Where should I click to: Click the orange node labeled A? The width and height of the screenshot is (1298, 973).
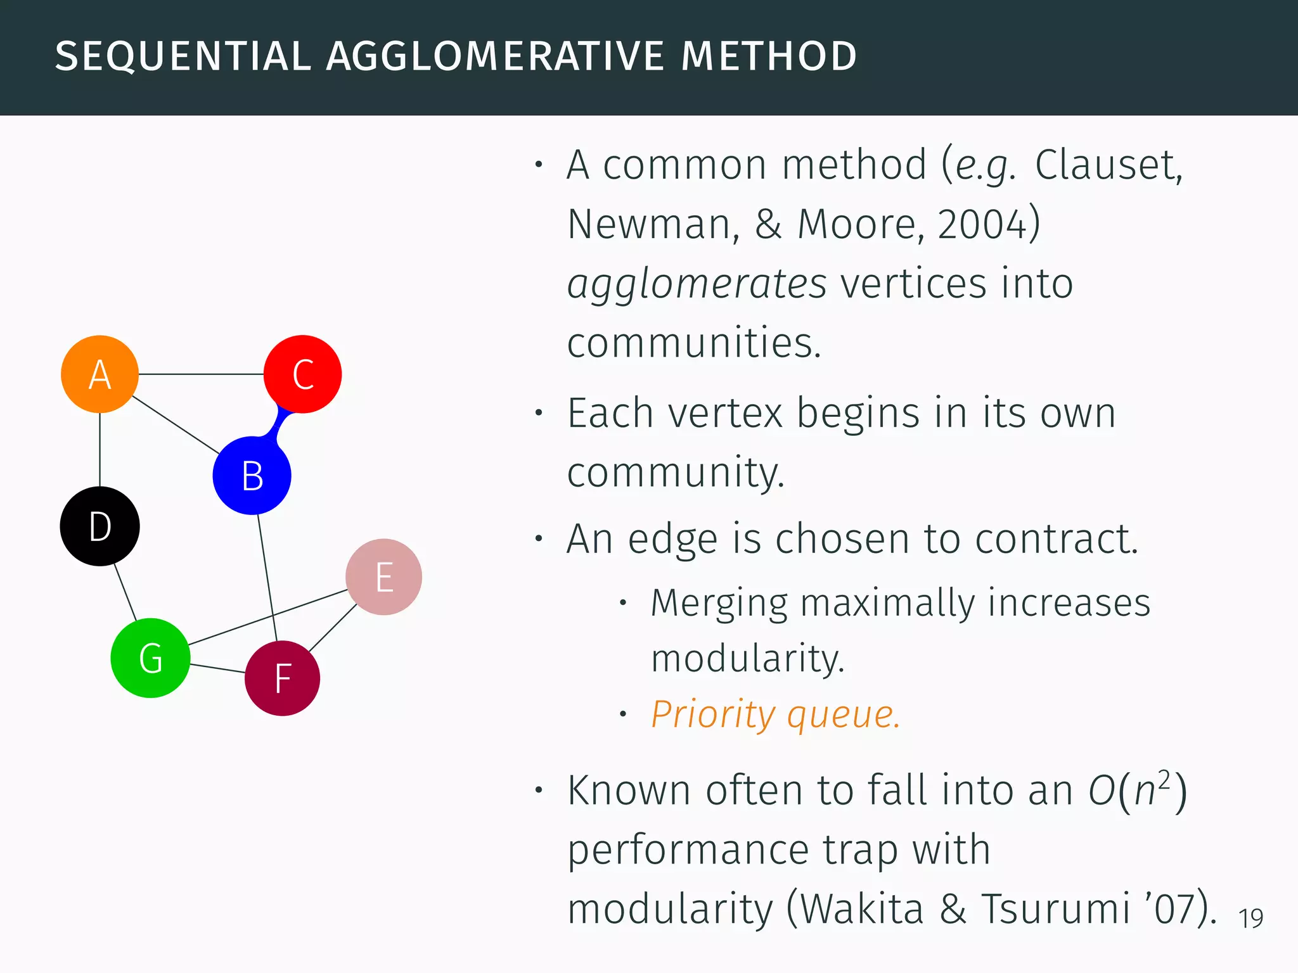point(100,374)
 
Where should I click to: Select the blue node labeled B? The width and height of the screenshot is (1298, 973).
point(252,476)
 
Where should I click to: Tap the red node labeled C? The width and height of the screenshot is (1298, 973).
point(302,374)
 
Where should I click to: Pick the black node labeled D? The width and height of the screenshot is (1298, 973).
point(100,526)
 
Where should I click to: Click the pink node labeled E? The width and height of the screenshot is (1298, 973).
point(383,577)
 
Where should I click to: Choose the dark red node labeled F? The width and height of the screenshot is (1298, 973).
point(282,678)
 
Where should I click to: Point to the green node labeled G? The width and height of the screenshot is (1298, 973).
point(150,658)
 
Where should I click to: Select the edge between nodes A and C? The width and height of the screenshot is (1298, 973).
point(201,374)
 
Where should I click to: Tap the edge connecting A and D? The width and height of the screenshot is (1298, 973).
point(100,450)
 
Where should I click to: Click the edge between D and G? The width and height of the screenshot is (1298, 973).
point(125,592)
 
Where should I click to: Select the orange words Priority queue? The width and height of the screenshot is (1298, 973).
point(775,715)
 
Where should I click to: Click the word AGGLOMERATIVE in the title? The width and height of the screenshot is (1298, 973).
point(495,56)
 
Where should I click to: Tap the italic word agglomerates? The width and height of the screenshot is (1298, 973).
point(697,283)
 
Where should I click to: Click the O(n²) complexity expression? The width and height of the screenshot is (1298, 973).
point(1137,791)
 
